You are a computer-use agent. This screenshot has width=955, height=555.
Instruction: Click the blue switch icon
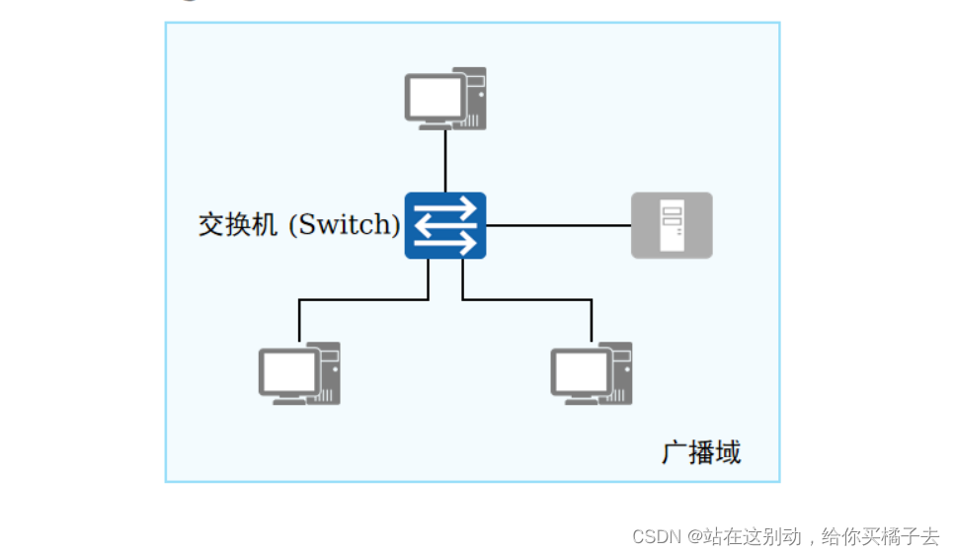pos(444,225)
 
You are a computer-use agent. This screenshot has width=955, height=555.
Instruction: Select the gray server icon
pos(672,225)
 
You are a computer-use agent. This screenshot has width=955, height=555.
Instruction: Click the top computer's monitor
pos(435,98)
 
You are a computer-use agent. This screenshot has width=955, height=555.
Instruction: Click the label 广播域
pos(701,452)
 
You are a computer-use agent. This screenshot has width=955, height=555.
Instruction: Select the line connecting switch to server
pos(558,225)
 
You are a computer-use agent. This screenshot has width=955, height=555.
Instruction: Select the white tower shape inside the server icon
pos(672,225)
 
